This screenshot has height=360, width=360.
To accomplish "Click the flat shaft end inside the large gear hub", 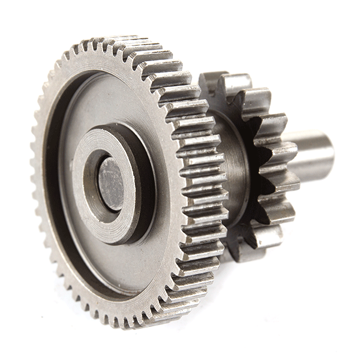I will point(111,184).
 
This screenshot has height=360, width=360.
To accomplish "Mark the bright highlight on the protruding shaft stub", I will point(312,144).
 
